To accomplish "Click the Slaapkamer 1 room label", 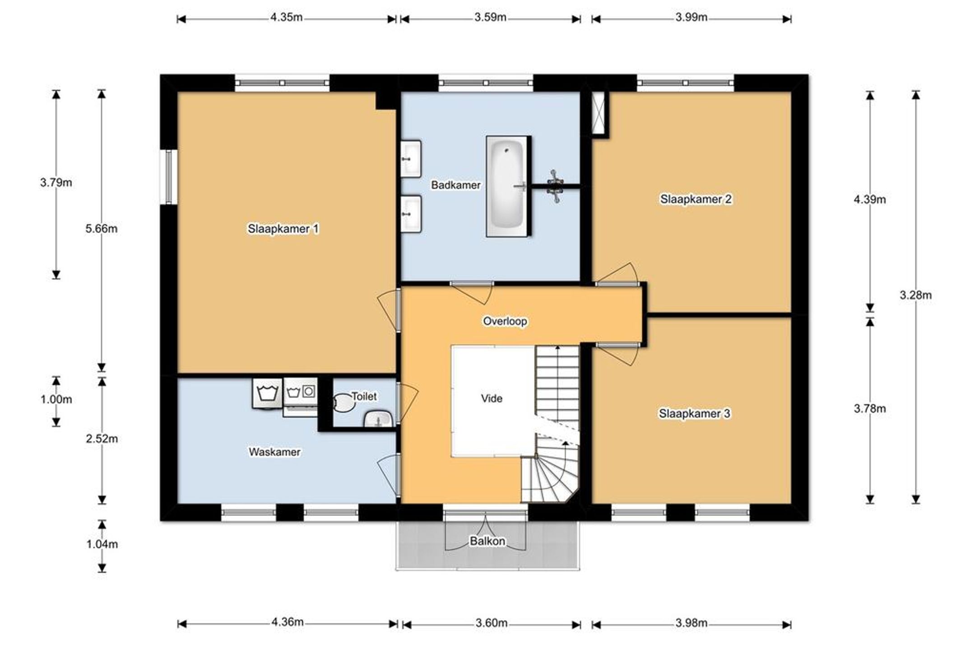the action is tap(283, 229).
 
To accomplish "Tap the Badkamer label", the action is tap(455, 185).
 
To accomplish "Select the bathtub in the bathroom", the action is tap(507, 186).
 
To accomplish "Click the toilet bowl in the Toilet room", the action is tap(344, 402).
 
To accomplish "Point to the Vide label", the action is tap(492, 398).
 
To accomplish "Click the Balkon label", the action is tap(487, 541).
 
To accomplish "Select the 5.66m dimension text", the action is tap(102, 229).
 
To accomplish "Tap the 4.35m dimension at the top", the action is tap(286, 18).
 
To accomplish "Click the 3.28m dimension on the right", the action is tap(915, 295).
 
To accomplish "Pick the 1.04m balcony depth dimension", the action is tap(102, 544).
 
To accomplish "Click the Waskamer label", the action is tap(274, 452).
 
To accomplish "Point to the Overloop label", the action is tap(505, 321).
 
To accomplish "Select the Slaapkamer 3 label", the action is tap(694, 413).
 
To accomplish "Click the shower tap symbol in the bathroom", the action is tap(555, 186).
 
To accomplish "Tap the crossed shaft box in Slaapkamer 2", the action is tap(599, 113).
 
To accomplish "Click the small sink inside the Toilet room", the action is tap(378, 419).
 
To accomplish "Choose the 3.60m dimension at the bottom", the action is tap(491, 623).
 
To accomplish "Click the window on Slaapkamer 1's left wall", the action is tap(168, 177).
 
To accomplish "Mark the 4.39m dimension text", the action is tap(869, 199).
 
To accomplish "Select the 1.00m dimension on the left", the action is tap(56, 399).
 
